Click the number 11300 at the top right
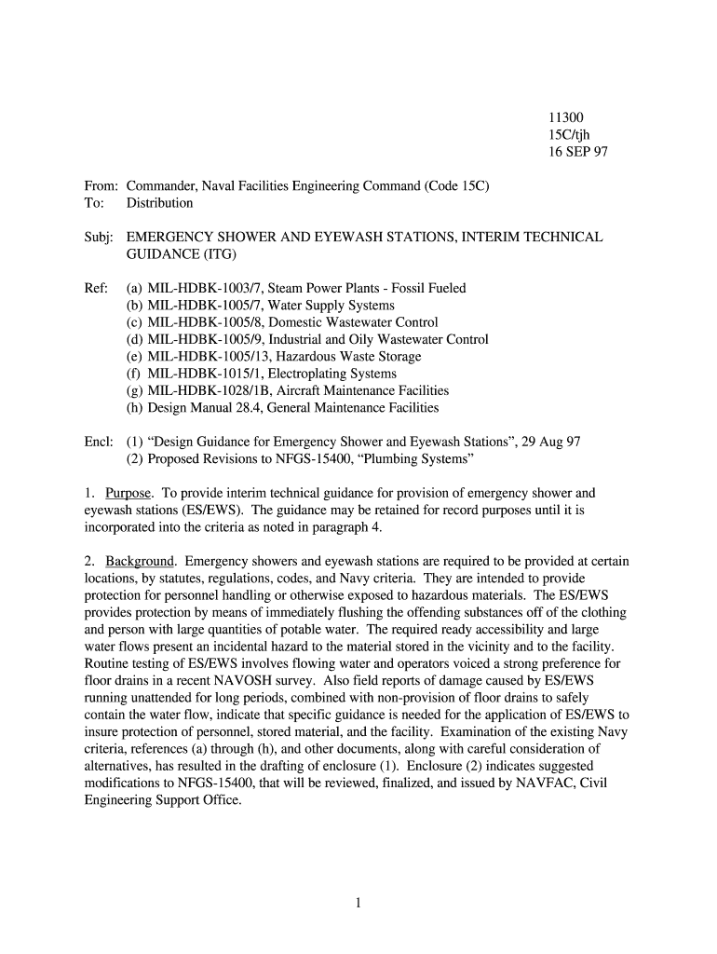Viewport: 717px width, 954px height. coord(564,117)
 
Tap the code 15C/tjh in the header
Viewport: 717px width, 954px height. coord(567,134)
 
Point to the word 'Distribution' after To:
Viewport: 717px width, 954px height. coord(160,203)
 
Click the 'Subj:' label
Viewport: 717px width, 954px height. coord(99,238)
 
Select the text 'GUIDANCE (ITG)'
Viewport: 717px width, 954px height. coord(182,254)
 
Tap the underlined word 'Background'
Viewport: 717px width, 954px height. coord(140,561)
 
